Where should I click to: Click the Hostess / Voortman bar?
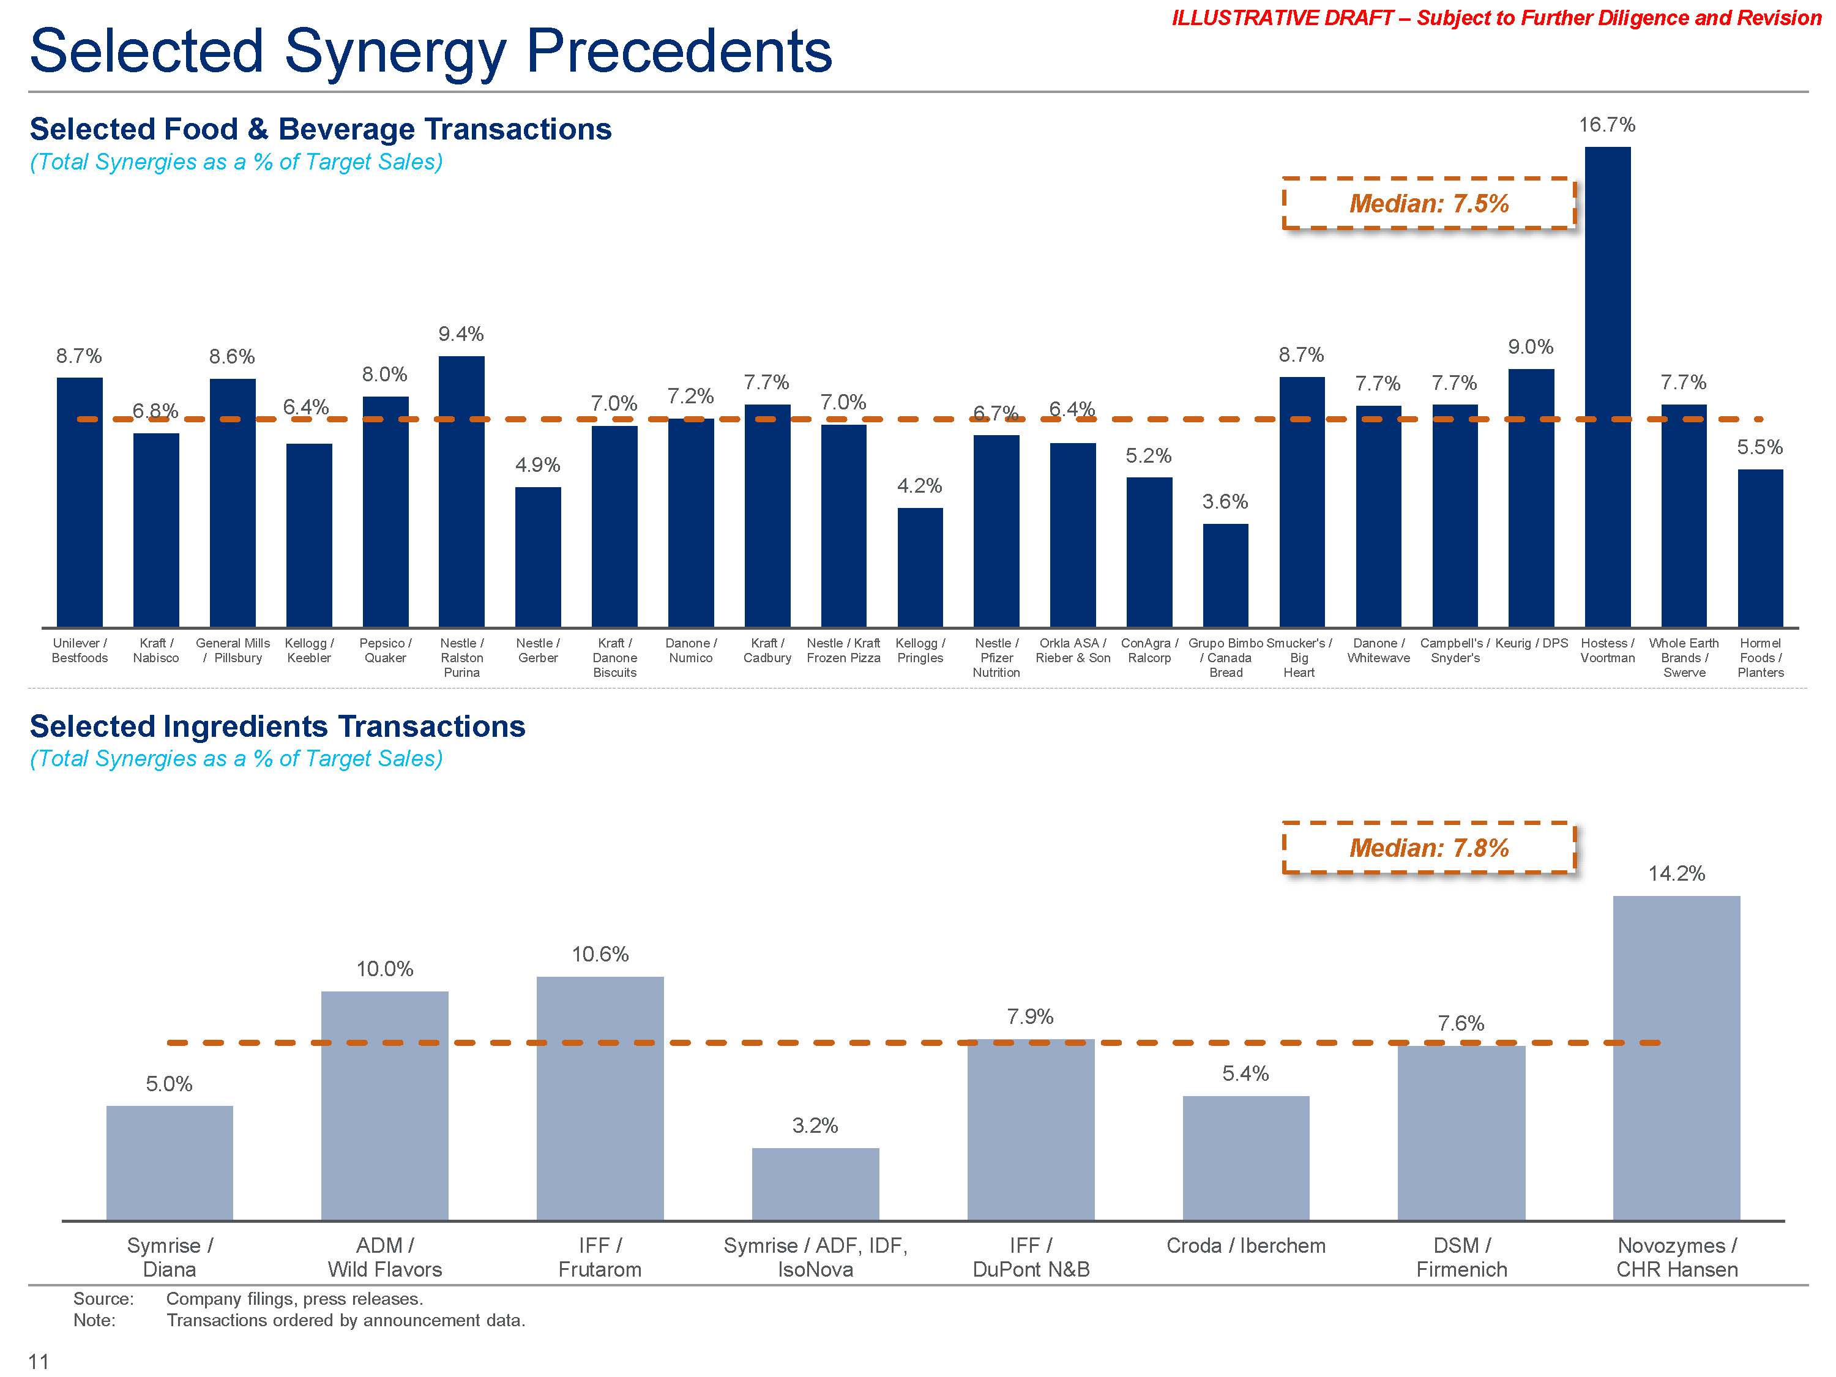point(1607,386)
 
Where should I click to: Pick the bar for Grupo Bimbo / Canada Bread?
point(1225,575)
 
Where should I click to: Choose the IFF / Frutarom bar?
point(600,1097)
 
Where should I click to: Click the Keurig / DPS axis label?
point(1531,643)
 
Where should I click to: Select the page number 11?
point(38,1361)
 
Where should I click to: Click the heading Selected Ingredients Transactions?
point(277,726)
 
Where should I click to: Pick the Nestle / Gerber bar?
point(538,556)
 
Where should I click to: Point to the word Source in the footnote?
point(103,1299)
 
